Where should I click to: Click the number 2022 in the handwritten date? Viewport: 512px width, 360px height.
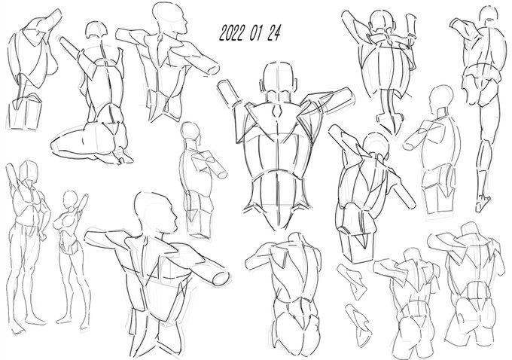[x=233, y=33]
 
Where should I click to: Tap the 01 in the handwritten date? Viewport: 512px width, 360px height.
[x=257, y=33]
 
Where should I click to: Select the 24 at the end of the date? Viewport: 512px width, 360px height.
[x=273, y=33]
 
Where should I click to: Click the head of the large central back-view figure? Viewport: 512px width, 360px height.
[x=279, y=79]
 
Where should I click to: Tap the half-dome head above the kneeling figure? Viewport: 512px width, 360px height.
[x=96, y=29]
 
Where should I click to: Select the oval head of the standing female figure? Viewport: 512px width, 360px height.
[x=70, y=199]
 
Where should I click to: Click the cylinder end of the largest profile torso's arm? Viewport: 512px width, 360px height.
[x=221, y=279]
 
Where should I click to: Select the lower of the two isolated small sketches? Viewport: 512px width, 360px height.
[x=359, y=325]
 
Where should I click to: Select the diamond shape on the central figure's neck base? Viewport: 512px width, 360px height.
[x=277, y=112]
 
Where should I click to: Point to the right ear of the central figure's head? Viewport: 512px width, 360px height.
[x=296, y=84]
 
